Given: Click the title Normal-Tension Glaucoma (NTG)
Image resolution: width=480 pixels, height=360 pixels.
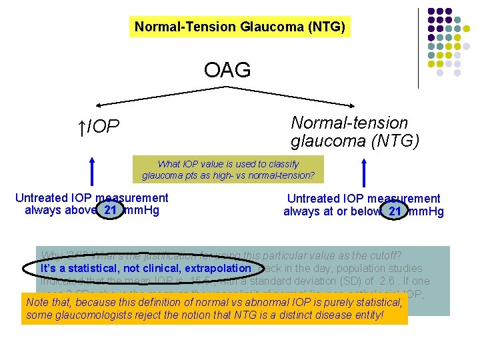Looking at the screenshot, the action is pyautogui.click(x=240, y=27).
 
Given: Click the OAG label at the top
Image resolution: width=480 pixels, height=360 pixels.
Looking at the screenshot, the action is pyautogui.click(x=227, y=69).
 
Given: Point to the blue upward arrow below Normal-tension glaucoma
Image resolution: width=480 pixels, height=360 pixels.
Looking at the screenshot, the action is pyautogui.click(x=364, y=175).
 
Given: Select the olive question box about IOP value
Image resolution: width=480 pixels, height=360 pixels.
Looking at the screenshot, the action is pyautogui.click(x=228, y=169).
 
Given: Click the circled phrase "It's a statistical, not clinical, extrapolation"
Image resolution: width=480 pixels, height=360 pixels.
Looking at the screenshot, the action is pyautogui.click(x=145, y=268).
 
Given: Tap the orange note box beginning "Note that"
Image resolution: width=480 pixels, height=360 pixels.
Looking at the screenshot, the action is pyautogui.click(x=215, y=309).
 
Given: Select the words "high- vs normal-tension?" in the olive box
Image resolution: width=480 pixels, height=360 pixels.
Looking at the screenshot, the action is pyautogui.click(x=266, y=176).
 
